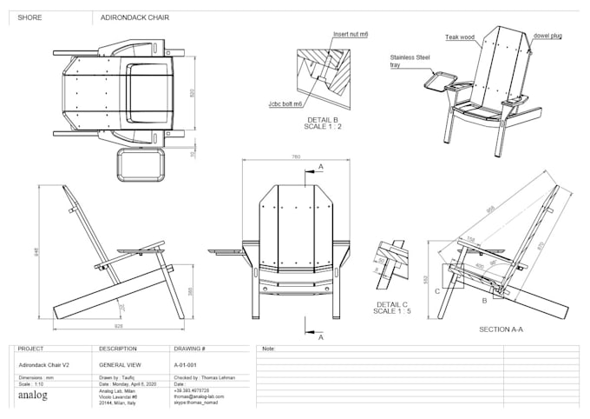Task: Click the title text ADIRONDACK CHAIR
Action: click(x=134, y=17)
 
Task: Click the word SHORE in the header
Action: click(x=29, y=17)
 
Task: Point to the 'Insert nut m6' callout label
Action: click(x=351, y=35)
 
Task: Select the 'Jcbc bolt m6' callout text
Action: click(x=285, y=103)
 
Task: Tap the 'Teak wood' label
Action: click(x=460, y=37)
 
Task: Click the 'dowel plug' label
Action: click(x=547, y=36)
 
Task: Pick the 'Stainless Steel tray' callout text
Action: click(x=410, y=61)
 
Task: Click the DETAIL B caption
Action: click(x=322, y=122)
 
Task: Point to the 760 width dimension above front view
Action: click(x=296, y=157)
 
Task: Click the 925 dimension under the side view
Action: click(x=118, y=327)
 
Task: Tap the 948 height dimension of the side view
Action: click(x=37, y=253)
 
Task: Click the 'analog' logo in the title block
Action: click(x=34, y=396)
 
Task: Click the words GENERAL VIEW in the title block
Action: click(x=115, y=366)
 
